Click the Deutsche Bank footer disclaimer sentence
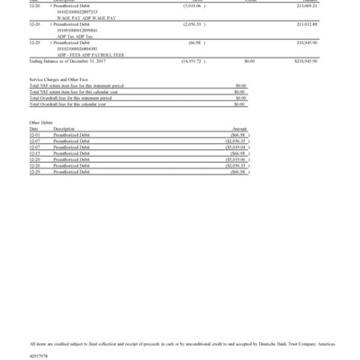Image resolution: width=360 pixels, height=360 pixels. pos(180,343)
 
